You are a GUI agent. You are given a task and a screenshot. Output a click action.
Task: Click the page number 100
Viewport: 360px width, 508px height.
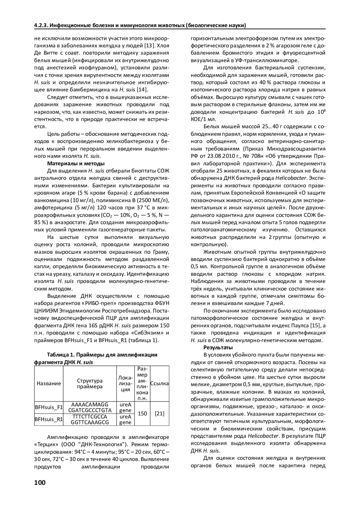point(40,483)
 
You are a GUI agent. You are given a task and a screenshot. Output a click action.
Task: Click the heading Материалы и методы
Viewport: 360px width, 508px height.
point(76,163)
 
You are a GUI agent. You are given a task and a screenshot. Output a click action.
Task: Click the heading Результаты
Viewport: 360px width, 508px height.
point(218,348)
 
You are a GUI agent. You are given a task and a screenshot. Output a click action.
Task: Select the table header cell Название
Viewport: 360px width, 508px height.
point(49,383)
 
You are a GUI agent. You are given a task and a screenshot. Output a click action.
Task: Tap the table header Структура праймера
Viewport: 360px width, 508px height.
point(90,383)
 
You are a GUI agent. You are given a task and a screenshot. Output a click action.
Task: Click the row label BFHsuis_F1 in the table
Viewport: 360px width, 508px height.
point(49,407)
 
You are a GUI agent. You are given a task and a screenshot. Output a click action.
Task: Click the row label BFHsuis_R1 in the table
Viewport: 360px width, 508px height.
point(49,419)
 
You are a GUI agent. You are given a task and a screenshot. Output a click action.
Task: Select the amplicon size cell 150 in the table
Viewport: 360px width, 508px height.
point(142,413)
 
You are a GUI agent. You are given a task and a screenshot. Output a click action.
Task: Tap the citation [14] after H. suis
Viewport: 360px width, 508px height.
point(142,90)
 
